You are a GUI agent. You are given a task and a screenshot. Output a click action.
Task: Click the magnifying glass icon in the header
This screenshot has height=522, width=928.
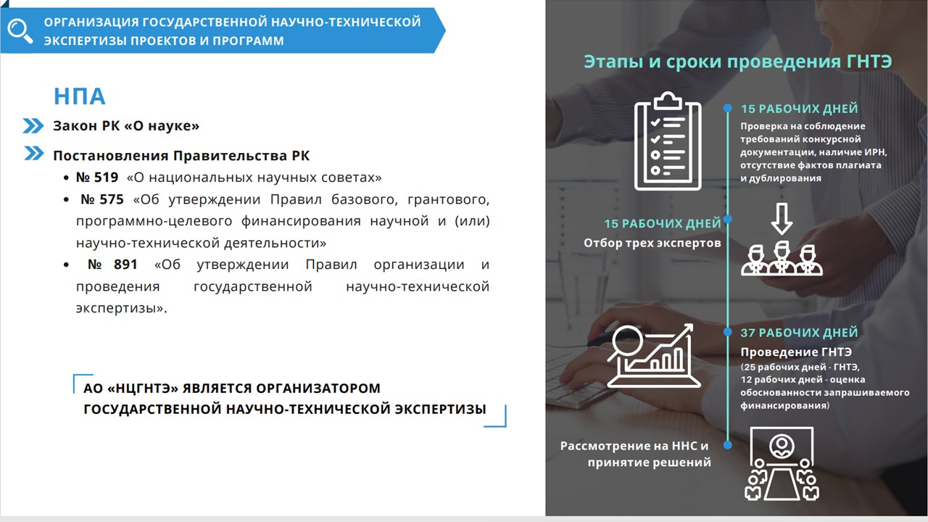pos(19,30)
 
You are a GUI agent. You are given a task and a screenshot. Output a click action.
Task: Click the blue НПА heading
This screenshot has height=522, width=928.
pos(80,96)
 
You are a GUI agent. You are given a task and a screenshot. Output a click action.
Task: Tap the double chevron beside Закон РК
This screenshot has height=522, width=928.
pos(33,125)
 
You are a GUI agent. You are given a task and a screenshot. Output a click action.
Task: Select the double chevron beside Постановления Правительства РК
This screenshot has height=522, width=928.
pos(34,153)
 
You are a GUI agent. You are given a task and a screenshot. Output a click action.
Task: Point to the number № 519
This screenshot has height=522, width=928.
pos(97,178)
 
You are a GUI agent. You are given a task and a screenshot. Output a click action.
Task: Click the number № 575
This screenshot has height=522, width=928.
pos(102,199)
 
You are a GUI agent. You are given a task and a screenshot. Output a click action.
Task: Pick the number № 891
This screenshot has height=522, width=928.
pos(112,265)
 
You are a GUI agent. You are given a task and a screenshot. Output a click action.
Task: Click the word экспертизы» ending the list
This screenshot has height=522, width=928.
pos(121,308)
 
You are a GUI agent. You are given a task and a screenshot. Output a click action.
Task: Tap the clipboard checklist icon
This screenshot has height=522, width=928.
pos(668,141)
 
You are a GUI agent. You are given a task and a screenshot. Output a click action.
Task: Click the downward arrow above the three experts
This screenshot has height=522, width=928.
pos(782,219)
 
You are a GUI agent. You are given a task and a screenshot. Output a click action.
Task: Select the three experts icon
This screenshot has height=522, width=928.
pos(782,260)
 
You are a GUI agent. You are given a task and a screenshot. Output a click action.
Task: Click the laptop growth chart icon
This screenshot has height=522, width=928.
pos(654,356)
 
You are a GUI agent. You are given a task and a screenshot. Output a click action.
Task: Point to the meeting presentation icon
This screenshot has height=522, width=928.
pos(782,464)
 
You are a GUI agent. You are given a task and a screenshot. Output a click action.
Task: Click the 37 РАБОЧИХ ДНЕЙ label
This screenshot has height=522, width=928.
pos(799,333)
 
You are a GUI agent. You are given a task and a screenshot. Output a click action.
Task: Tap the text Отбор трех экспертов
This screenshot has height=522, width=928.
pos(652,243)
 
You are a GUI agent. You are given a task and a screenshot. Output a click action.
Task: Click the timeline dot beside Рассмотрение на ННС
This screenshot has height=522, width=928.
pos(727,445)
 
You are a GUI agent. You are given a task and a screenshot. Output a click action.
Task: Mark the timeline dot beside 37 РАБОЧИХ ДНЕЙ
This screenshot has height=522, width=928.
pos(727,332)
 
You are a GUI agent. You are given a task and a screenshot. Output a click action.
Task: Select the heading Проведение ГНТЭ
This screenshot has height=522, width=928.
pos(796,352)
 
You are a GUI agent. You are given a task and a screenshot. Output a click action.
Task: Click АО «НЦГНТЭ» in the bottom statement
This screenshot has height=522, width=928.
pos(131,388)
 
